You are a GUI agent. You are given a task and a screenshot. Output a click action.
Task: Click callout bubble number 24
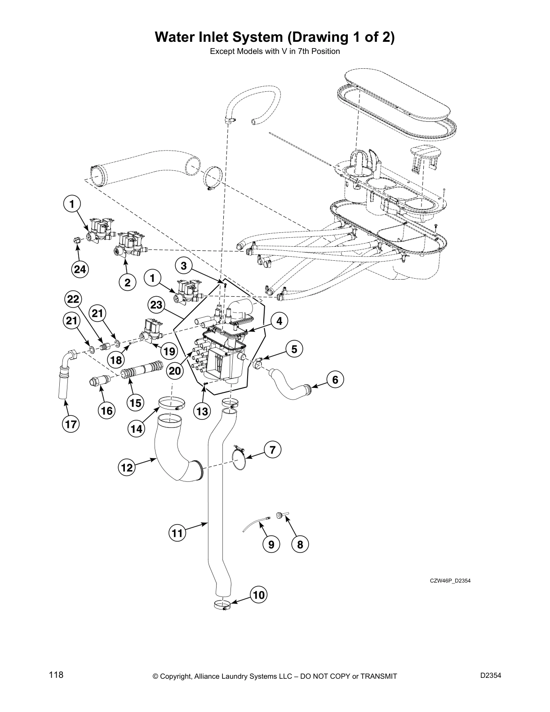click(80, 269)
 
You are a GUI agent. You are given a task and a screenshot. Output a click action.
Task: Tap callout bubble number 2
click(127, 282)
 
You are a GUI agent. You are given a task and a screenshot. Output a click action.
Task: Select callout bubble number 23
click(156, 305)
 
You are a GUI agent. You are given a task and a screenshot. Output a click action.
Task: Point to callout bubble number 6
click(335, 380)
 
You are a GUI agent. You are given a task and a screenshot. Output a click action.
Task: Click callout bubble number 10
click(258, 595)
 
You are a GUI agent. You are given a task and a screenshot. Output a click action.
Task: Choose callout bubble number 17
click(71, 424)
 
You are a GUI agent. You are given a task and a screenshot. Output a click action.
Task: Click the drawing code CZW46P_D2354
click(450, 580)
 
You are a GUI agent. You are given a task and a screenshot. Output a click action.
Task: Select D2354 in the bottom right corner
click(490, 676)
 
